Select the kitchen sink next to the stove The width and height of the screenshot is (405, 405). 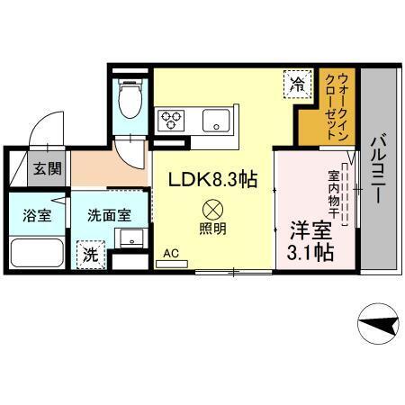(x=215, y=120)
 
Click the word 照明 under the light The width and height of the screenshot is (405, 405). (x=213, y=229)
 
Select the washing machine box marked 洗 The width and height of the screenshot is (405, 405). (x=90, y=253)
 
